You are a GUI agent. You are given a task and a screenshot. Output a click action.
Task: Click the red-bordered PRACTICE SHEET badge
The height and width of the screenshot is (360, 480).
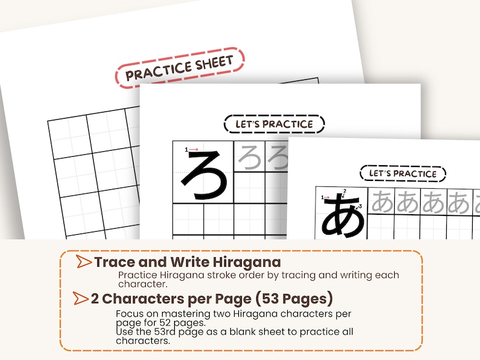[x=180, y=68]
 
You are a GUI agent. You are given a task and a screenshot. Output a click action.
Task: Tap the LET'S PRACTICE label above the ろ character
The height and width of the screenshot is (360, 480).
[x=274, y=124]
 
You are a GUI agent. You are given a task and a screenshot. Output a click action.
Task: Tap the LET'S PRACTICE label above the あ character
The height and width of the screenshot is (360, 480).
[x=403, y=174]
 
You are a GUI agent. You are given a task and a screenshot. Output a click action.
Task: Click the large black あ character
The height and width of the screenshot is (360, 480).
[x=342, y=215]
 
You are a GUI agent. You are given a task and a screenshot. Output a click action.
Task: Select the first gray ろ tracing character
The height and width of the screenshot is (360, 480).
[x=249, y=157]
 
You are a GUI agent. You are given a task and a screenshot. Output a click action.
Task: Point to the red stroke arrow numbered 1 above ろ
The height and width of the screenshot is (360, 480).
[x=192, y=149]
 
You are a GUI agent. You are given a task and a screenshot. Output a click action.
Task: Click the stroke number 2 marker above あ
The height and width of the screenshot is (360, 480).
[x=344, y=193]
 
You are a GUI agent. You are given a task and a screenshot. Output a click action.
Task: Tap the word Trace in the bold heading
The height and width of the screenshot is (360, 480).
[x=113, y=263]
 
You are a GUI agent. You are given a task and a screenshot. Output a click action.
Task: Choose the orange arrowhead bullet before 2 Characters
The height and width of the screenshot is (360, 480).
[x=80, y=298]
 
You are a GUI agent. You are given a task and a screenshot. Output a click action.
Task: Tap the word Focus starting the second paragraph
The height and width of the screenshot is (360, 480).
[x=129, y=314]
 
